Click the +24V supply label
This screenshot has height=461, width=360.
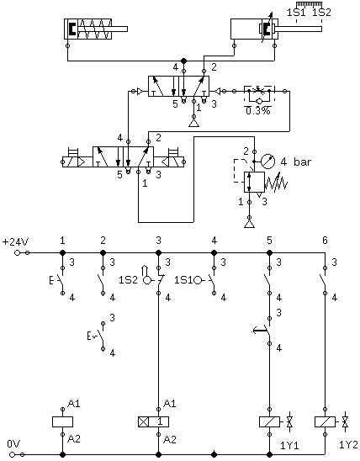pyautogui.click(x=16, y=242)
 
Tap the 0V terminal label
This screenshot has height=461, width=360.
pyautogui.click(x=13, y=444)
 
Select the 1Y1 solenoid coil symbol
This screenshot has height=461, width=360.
pyautogui.click(x=269, y=422)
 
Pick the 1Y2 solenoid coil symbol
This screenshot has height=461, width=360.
pyautogui.click(x=325, y=422)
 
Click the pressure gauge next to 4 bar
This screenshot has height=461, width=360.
pyautogui.click(x=268, y=162)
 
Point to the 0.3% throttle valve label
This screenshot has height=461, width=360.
pyautogui.click(x=258, y=111)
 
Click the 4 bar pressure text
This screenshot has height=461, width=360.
pyautogui.click(x=295, y=162)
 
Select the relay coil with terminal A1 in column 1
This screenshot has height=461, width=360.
pyautogui.click(x=62, y=422)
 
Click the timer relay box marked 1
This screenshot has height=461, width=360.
pyautogui.click(x=153, y=422)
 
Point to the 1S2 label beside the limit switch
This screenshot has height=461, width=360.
pyautogui.click(x=128, y=280)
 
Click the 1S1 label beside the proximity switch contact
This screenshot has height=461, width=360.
pyautogui.click(x=183, y=280)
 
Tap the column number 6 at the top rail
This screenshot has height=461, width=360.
pyautogui.click(x=325, y=241)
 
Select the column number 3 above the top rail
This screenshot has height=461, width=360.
pyautogui.click(x=158, y=241)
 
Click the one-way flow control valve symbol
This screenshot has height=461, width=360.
pyautogui.click(x=259, y=95)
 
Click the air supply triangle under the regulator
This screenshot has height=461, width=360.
pyautogui.click(x=250, y=224)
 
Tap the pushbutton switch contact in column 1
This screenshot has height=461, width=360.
pyautogui.click(x=59, y=280)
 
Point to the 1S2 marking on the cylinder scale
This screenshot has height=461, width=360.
pyautogui.click(x=321, y=13)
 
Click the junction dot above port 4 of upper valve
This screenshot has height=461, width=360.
pyautogui.click(x=183, y=61)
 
